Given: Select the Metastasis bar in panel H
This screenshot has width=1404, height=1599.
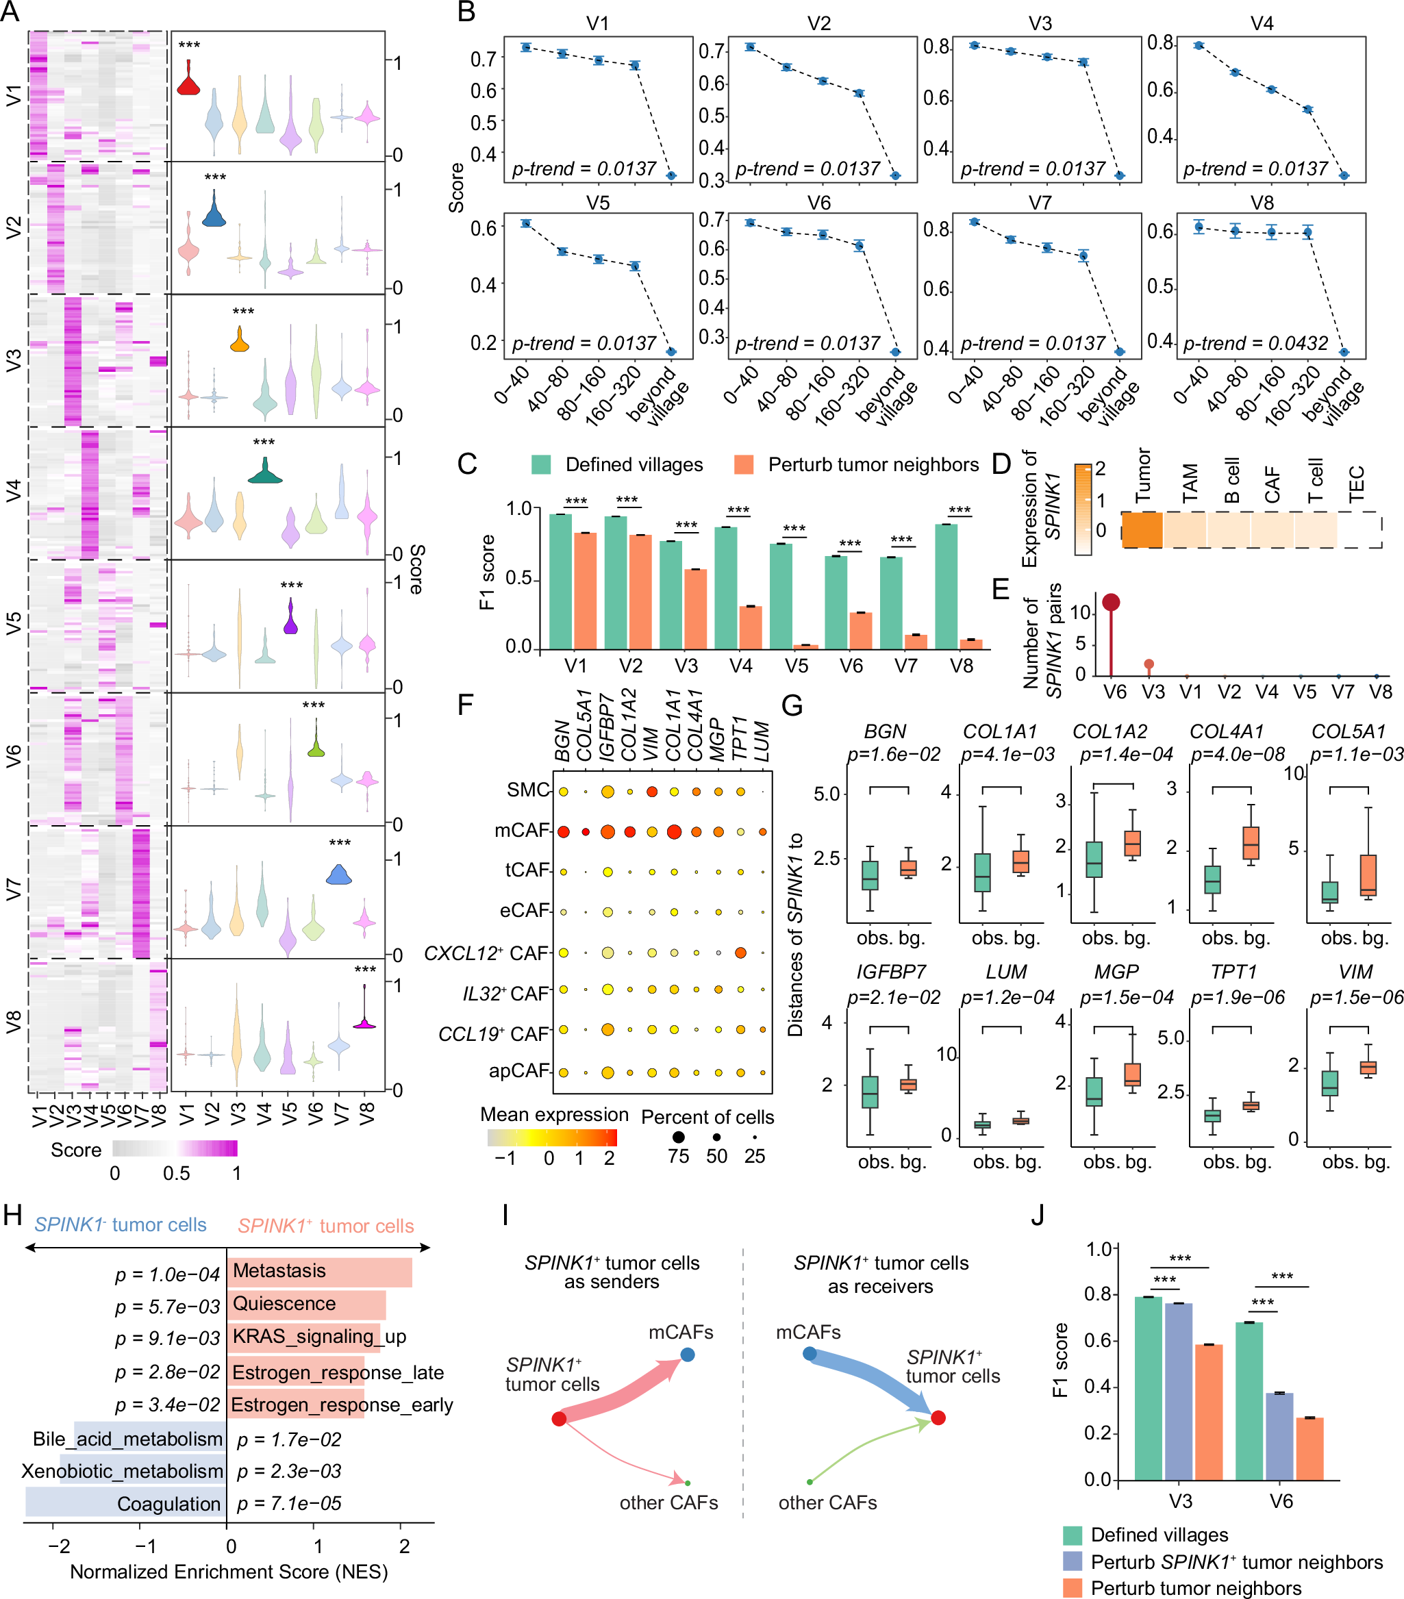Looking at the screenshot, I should pos(319,1272).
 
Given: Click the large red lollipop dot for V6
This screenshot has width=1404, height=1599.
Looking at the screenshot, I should pos(1111,601).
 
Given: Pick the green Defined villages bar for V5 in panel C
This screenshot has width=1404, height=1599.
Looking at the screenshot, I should pos(781,595).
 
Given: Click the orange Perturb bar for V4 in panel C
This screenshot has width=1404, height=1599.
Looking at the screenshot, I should pos(750,627).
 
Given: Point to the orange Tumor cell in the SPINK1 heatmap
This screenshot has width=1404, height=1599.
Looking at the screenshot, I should pos(1141,529).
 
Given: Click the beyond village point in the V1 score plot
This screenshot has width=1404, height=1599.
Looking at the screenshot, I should pos(671,175).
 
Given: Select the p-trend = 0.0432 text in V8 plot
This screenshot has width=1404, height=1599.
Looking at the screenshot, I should pos(1255,342).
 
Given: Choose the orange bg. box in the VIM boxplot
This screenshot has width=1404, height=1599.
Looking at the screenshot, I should pos(1368,1067).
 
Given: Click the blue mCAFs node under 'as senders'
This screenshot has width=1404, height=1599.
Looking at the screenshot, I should pos(687,1354).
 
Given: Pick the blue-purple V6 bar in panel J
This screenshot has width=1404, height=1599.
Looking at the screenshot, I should pos(1279,1435).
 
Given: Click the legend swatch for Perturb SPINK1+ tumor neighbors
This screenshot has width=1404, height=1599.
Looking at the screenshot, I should pos(1073,1561).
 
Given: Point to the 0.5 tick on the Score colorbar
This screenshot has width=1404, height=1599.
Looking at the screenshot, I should pos(176,1172).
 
